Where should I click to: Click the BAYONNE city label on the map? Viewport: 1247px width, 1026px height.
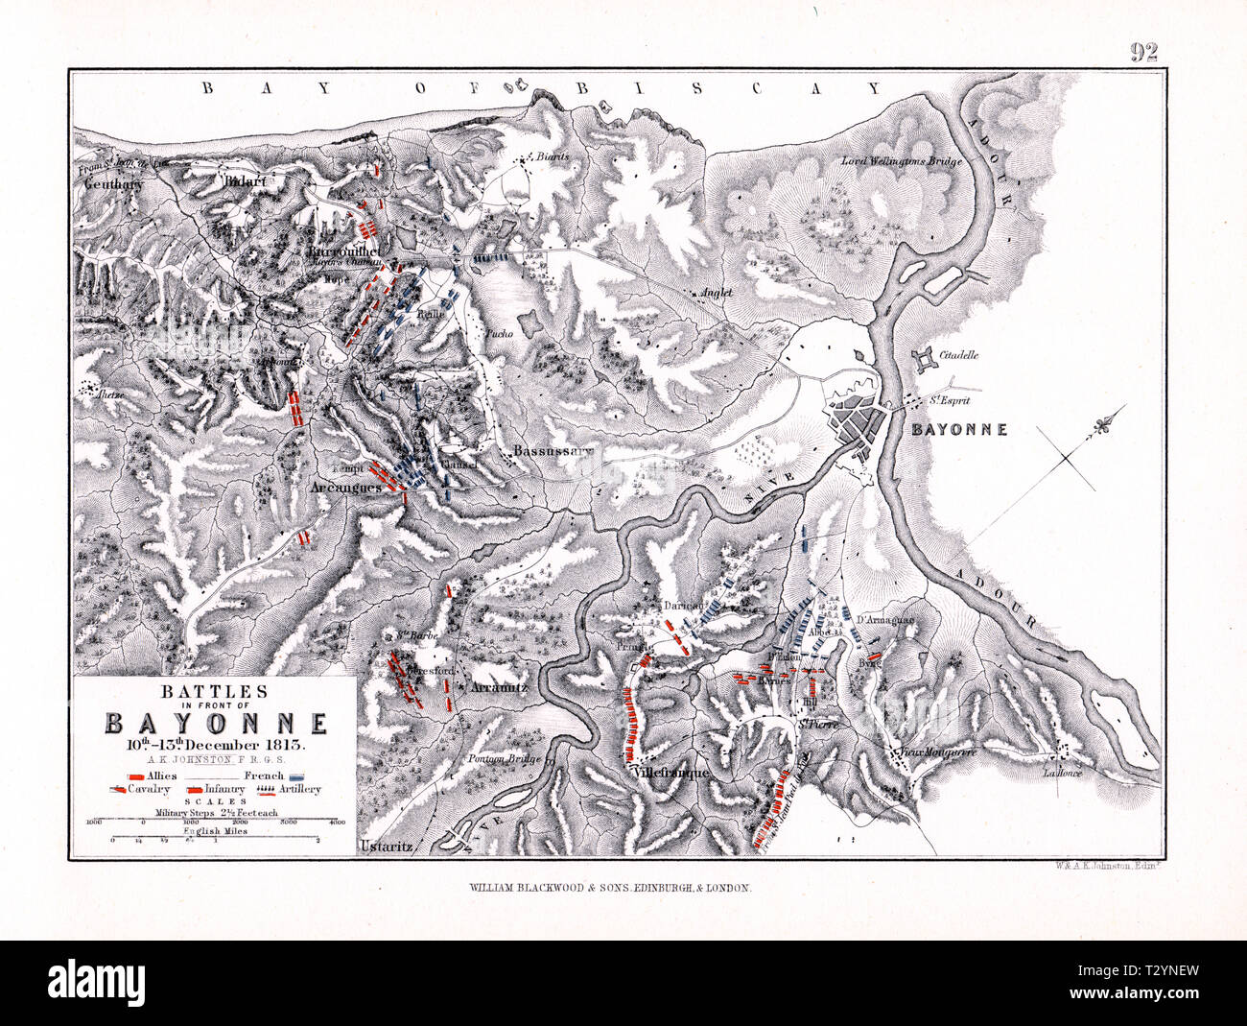coord(958,429)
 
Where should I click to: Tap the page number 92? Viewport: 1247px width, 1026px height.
coord(1142,52)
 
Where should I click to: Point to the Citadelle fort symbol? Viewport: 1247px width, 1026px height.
coord(925,361)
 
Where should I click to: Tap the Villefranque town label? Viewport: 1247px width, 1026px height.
coord(671,772)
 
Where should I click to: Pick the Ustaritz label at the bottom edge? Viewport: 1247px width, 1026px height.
coord(386,847)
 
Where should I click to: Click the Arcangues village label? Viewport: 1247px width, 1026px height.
coord(346,487)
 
